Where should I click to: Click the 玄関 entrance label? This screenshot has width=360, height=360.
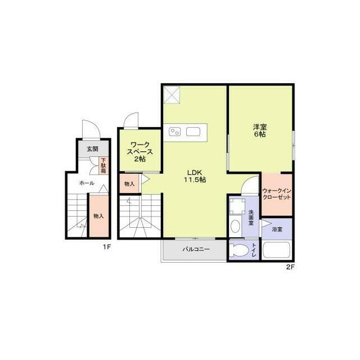[92, 149]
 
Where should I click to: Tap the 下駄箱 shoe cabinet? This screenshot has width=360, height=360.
[103, 165]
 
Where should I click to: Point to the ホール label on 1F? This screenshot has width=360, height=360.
[87, 183]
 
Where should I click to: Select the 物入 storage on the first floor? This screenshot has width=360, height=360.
[99, 216]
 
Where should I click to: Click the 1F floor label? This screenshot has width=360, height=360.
[107, 247]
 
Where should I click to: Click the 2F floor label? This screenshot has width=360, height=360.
[290, 267]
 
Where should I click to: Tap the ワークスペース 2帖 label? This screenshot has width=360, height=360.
[140, 152]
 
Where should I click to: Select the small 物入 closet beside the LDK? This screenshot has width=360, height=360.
[129, 184]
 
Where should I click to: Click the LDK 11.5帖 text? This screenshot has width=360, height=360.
[195, 176]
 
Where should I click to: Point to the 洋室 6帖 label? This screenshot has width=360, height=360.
[260, 130]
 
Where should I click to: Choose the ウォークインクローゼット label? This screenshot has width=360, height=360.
[277, 194]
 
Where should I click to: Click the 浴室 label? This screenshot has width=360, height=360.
[277, 229]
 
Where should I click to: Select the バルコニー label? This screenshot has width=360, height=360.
[196, 249]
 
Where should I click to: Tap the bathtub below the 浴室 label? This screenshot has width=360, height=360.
[277, 250]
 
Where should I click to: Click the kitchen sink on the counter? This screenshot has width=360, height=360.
[193, 132]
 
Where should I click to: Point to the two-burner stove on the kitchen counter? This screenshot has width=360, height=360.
[174, 132]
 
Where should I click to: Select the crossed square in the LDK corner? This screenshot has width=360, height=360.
[172, 94]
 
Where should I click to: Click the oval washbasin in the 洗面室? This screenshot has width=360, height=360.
[235, 226]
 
